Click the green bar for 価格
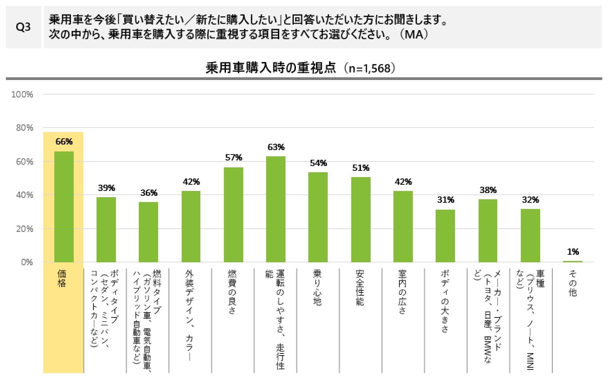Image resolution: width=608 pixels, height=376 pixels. point(64,207)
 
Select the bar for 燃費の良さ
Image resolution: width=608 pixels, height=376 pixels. point(234,215)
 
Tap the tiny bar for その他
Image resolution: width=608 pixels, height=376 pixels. point(572,261)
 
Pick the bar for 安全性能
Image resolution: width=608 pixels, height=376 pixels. point(361,220)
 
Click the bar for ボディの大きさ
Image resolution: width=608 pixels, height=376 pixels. point(445,236)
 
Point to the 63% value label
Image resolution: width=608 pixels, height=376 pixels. point(276,147)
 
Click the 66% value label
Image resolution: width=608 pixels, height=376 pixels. point(64,141)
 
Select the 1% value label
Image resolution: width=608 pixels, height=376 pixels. point(573,252)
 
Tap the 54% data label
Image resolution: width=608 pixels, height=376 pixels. point(318,163)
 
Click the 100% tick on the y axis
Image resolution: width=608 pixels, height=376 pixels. point(22,94)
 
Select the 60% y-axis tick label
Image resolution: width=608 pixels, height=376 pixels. point(24,161)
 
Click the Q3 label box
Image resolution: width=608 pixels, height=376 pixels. point(23,27)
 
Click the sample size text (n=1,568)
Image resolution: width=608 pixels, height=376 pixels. point(369,68)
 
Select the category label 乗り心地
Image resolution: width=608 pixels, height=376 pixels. point(317,288)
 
